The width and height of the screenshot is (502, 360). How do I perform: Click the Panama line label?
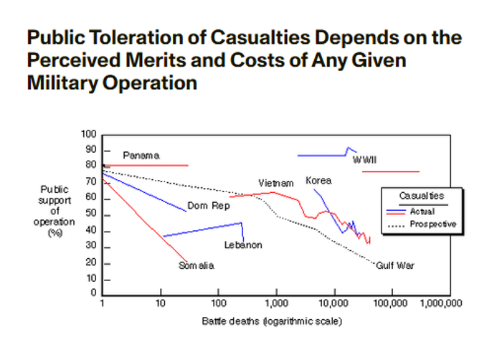tap(141, 156)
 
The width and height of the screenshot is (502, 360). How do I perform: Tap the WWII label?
tap(365, 160)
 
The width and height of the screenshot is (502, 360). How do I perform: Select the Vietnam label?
tap(276, 184)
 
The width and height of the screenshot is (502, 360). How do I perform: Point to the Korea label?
tap(318, 181)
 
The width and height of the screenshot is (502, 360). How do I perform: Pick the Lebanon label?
tap(243, 245)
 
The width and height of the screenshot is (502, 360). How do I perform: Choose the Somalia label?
tap(197, 265)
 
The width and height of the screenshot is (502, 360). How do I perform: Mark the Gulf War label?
tap(395, 265)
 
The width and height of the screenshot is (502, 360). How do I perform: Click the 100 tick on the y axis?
tap(89, 134)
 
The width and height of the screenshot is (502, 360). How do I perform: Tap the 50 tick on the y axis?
tap(91, 214)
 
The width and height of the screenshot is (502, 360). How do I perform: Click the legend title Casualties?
tap(421, 195)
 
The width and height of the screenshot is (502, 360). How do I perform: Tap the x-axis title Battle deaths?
tap(272, 320)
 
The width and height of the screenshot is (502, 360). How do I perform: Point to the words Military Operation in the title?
tap(111, 83)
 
